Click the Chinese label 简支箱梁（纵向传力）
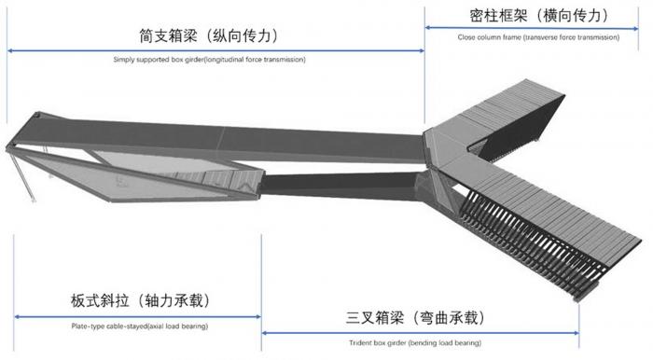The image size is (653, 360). coord(210,38)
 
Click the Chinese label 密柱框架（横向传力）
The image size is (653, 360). coord(537,16)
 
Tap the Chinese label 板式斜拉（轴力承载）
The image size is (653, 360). coord(139,301)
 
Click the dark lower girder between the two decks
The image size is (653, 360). coord(336,182)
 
